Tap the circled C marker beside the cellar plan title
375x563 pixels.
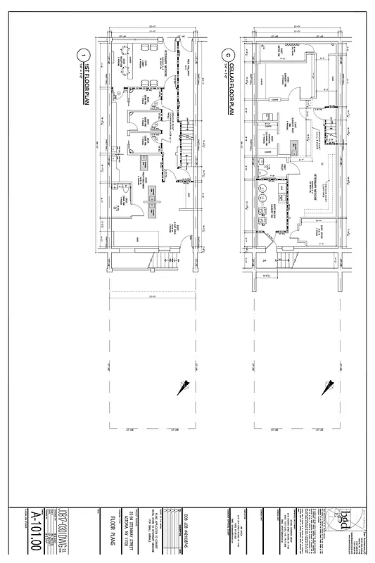pos(228,55)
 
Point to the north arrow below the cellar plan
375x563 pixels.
pos(327,386)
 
